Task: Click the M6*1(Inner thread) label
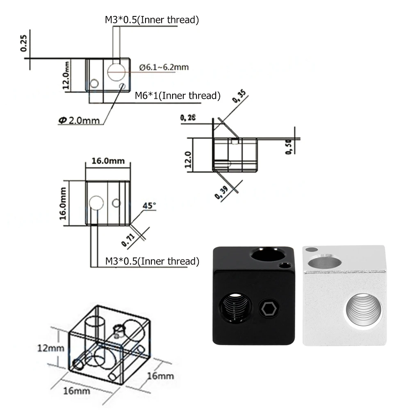(178, 96)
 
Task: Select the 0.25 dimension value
(23, 43)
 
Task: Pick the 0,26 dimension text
(188, 118)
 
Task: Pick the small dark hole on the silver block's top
(312, 249)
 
